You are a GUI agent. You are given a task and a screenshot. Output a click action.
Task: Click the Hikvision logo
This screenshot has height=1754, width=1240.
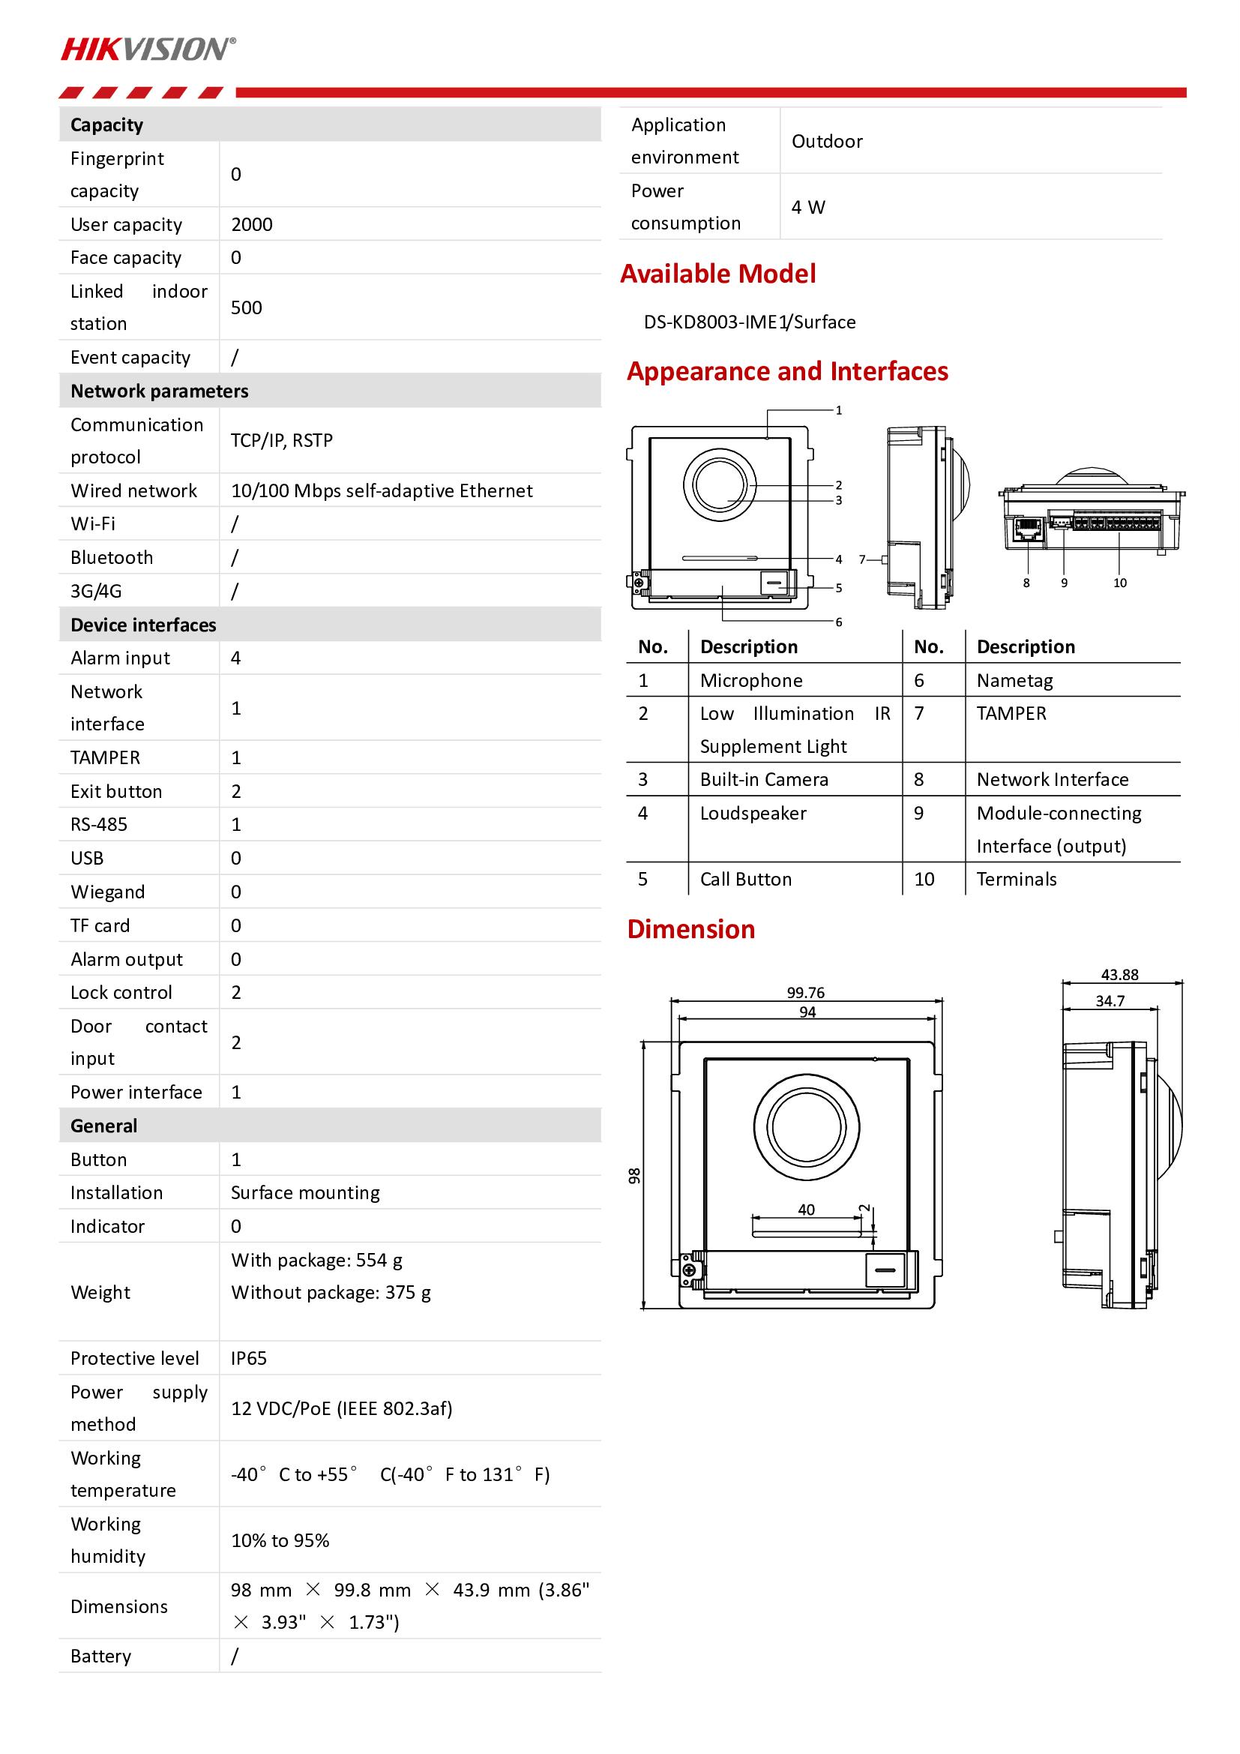(148, 49)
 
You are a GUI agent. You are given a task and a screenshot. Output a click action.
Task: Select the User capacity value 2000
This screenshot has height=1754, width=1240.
(251, 225)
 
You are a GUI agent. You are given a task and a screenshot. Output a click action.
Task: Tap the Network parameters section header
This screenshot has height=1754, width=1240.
(160, 391)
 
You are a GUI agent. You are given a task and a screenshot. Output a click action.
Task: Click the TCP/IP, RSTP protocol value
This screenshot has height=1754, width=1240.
(282, 441)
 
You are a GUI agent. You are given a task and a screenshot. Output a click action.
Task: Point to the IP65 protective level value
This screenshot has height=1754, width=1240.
(249, 1358)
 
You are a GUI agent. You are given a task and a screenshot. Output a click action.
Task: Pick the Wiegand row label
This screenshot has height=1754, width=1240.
(108, 892)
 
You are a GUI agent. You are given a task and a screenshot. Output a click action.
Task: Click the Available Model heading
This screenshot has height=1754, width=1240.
(717, 274)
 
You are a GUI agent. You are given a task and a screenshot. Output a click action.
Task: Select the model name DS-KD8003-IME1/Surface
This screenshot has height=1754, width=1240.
(749, 322)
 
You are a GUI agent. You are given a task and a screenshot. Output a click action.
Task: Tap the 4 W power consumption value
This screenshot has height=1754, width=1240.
(808, 208)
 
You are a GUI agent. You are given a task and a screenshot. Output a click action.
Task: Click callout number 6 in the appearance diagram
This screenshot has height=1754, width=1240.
(838, 622)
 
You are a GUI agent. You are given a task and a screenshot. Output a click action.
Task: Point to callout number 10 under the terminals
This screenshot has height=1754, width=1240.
(1119, 583)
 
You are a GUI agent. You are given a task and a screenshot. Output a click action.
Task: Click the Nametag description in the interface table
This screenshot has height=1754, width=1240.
(1014, 681)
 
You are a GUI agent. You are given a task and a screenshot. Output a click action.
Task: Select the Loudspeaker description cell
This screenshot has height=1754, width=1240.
(753, 814)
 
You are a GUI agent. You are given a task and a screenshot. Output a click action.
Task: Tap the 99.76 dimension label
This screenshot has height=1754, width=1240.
(805, 992)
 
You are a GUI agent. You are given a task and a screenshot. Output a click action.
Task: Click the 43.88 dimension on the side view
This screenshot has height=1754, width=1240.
(1119, 975)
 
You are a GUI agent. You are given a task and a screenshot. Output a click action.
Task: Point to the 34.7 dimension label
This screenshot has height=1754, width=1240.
(1110, 1001)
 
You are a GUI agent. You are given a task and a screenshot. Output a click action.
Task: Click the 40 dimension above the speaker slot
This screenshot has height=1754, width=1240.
(807, 1210)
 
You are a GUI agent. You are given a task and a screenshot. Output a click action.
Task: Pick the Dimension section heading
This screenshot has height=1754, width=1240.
(691, 930)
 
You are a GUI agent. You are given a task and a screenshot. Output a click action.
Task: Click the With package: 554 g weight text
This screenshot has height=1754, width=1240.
(317, 1261)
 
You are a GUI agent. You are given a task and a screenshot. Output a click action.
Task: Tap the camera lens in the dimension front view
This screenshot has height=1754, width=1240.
(807, 1127)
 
